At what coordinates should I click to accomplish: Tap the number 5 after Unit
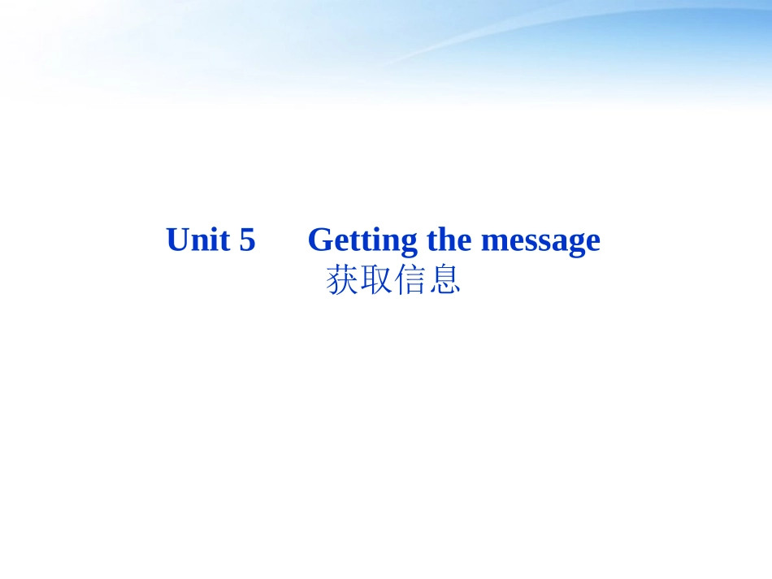tap(247, 240)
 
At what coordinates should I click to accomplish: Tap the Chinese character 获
tap(342, 281)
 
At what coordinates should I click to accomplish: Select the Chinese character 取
tap(376, 281)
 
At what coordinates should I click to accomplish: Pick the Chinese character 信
tap(410, 281)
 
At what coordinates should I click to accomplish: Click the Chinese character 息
tap(445, 281)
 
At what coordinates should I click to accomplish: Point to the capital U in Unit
tap(177, 240)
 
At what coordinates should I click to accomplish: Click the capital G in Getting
tap(320, 240)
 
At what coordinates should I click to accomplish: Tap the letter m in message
tap(493, 243)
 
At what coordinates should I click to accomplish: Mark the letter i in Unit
tap(214, 240)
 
